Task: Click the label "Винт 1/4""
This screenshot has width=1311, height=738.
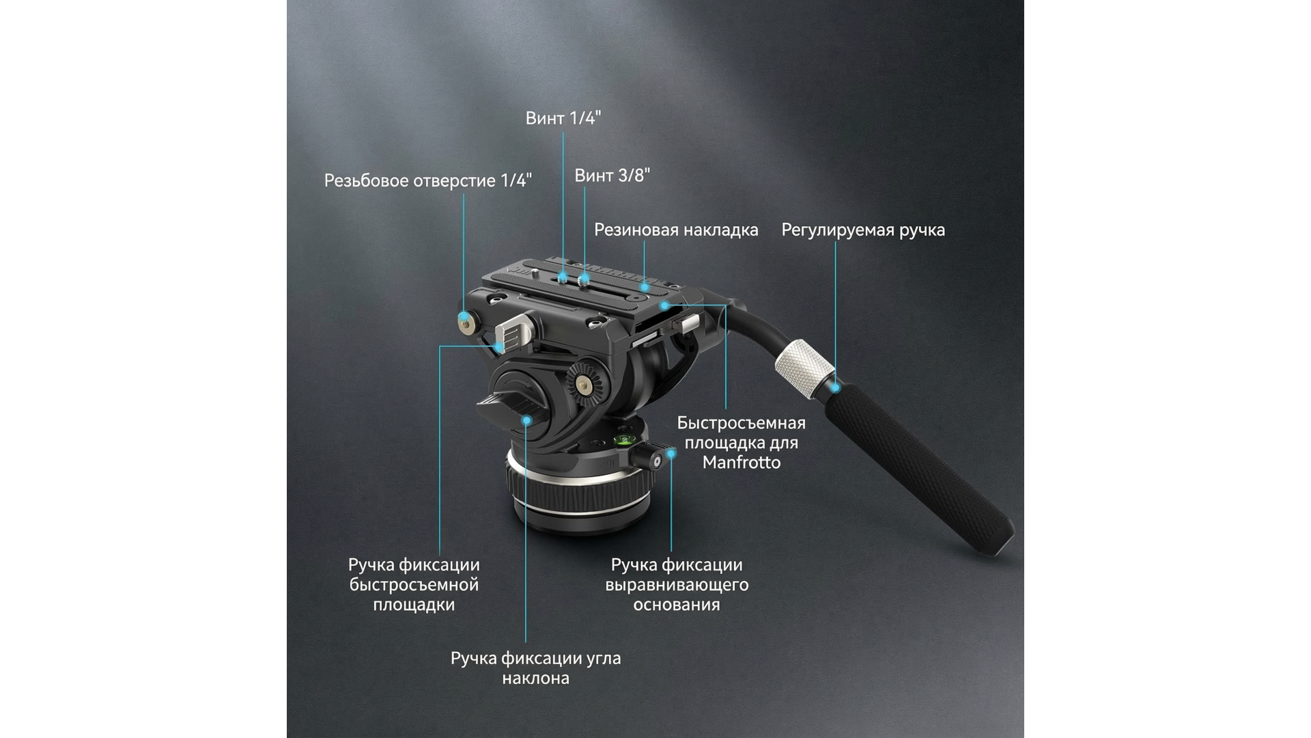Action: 563,118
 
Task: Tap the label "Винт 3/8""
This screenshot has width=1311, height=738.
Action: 612,176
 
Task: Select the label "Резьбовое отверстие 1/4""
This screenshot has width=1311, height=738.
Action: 428,180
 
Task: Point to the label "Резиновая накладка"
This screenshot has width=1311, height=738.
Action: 676,230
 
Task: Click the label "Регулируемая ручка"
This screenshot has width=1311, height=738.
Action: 863,230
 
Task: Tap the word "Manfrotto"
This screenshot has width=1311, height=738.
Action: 741,463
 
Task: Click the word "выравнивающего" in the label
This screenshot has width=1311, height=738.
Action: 677,585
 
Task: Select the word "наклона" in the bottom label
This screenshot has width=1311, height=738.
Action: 535,679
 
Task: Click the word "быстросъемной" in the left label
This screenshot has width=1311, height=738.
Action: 414,585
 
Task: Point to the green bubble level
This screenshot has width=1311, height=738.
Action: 623,439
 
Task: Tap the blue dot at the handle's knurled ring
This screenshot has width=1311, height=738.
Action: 835,388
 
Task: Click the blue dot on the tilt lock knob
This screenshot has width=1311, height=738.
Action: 526,420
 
